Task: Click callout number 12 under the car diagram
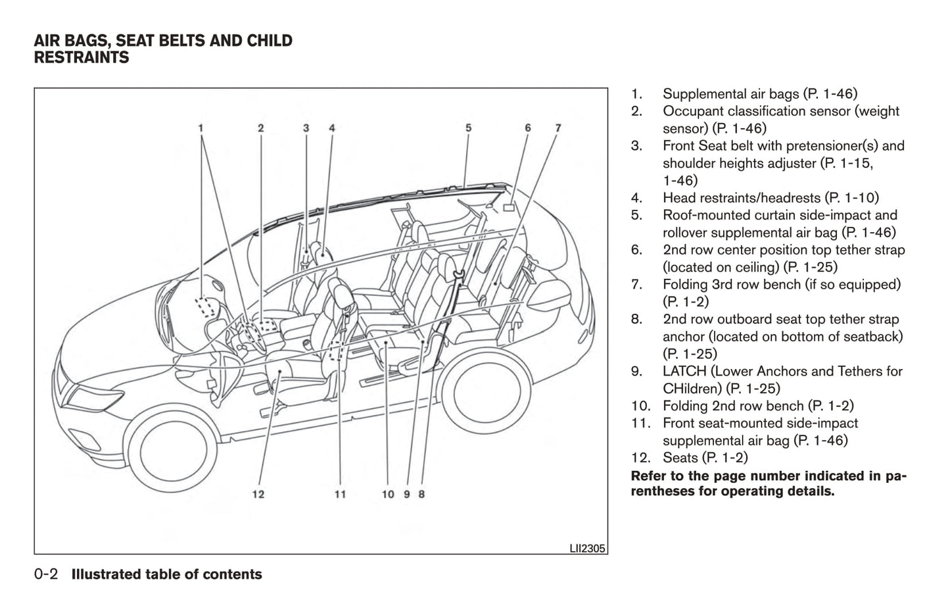[258, 494]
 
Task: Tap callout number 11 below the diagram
[340, 494]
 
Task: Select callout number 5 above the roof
[468, 128]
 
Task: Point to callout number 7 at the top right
[558, 128]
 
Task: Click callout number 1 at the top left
[201, 128]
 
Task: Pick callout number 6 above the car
[527, 128]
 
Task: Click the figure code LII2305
[586, 548]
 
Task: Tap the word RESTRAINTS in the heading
[82, 58]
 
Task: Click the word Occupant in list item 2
[691, 111]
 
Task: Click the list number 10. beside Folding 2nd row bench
[640, 406]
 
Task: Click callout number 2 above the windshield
[260, 128]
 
